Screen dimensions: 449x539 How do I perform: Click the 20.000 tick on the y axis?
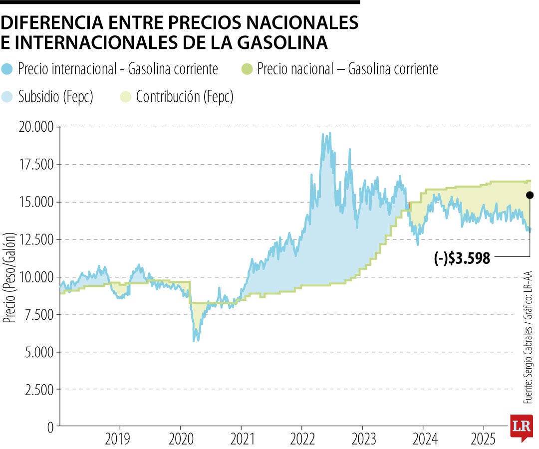click(35, 127)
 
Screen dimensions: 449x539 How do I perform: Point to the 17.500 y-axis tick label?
click(35, 165)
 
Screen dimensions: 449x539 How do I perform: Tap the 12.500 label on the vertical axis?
click(35, 239)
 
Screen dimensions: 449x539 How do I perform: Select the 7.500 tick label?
click(38, 314)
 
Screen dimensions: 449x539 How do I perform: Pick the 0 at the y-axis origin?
click(50, 427)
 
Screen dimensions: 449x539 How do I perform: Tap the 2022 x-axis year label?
click(301, 439)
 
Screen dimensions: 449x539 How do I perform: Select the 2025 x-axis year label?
click(483, 439)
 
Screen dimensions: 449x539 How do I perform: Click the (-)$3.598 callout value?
click(462, 257)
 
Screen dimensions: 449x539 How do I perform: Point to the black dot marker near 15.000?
click(530, 195)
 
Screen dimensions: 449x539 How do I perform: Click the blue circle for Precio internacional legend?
click(8, 69)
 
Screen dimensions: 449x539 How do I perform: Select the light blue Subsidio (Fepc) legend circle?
click(8, 96)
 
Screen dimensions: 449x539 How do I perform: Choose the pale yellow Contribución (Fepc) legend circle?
click(127, 96)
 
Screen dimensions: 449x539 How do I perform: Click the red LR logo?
click(521, 427)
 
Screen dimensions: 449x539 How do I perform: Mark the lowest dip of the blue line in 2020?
click(195, 341)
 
